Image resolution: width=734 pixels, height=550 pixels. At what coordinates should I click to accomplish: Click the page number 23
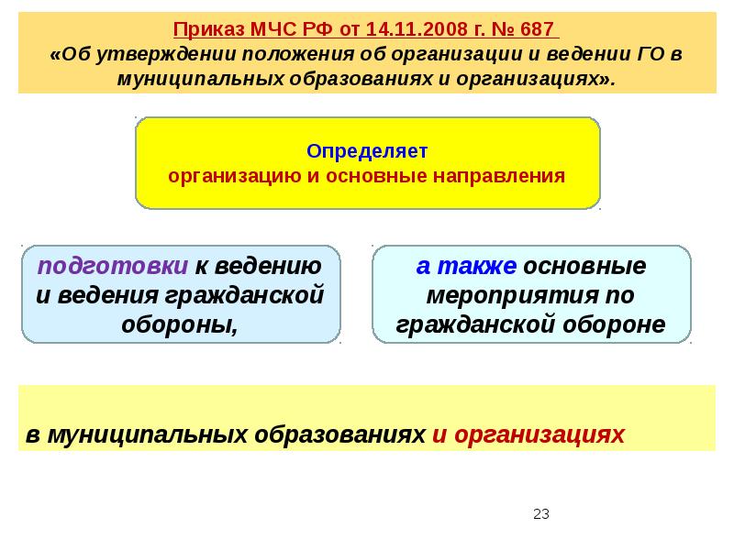point(540,514)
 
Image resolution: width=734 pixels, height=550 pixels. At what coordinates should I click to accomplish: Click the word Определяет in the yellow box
point(367,149)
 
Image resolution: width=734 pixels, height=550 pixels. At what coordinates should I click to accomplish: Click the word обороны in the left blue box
point(180,325)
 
